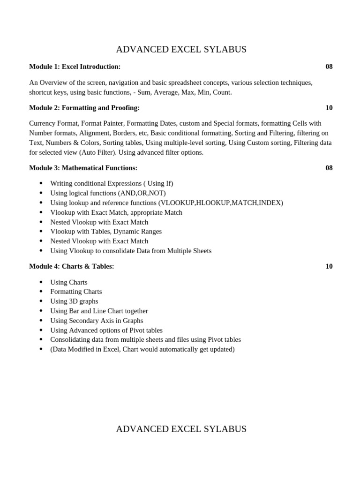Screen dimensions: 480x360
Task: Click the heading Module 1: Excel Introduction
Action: pyautogui.click(x=75, y=67)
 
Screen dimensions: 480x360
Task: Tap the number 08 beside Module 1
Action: pyautogui.click(x=329, y=67)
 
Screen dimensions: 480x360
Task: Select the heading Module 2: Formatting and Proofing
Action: pyautogui.click(x=84, y=108)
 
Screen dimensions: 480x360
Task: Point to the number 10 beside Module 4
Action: pyautogui.click(x=329, y=266)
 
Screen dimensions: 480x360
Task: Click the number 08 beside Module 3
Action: pyautogui.click(x=329, y=168)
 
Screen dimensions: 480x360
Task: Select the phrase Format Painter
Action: pyautogui.click(x=103, y=123)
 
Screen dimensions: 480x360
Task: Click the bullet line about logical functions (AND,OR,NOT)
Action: pyautogui.click(x=108, y=193)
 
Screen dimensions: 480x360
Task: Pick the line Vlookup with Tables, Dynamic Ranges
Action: pyautogui.click(x=106, y=232)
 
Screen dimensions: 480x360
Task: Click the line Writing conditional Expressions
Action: pyautogui.click(x=112, y=183)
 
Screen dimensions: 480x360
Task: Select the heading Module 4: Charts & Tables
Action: pyautogui.click(x=72, y=266)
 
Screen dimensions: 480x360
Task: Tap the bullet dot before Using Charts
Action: pyautogui.click(x=41, y=282)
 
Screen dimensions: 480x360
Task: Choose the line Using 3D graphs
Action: pyautogui.click(x=74, y=301)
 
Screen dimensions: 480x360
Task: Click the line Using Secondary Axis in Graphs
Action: pyautogui.click(x=97, y=321)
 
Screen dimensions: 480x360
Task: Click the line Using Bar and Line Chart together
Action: pyautogui.click(x=99, y=311)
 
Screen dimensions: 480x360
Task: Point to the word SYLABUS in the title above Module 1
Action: pyautogui.click(x=225, y=50)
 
